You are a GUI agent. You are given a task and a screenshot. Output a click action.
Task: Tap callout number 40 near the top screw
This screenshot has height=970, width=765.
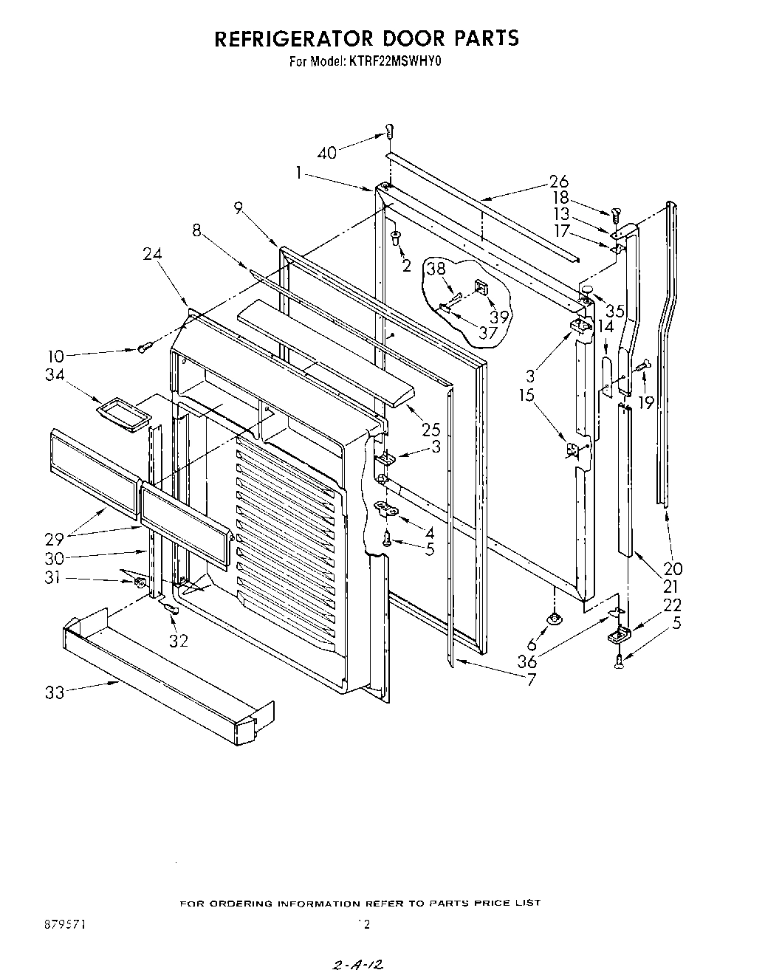point(326,153)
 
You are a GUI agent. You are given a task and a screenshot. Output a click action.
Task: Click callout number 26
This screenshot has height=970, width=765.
point(558,182)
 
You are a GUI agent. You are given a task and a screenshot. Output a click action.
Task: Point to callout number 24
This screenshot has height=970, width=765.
point(151,254)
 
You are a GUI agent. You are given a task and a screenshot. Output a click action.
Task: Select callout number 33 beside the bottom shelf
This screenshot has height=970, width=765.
point(54,692)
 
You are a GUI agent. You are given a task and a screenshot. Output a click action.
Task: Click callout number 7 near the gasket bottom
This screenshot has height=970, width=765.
point(530,679)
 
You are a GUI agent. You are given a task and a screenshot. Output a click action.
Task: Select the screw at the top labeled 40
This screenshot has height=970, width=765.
point(386,132)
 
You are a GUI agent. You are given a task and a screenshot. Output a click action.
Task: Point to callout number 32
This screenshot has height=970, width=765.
point(179,640)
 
